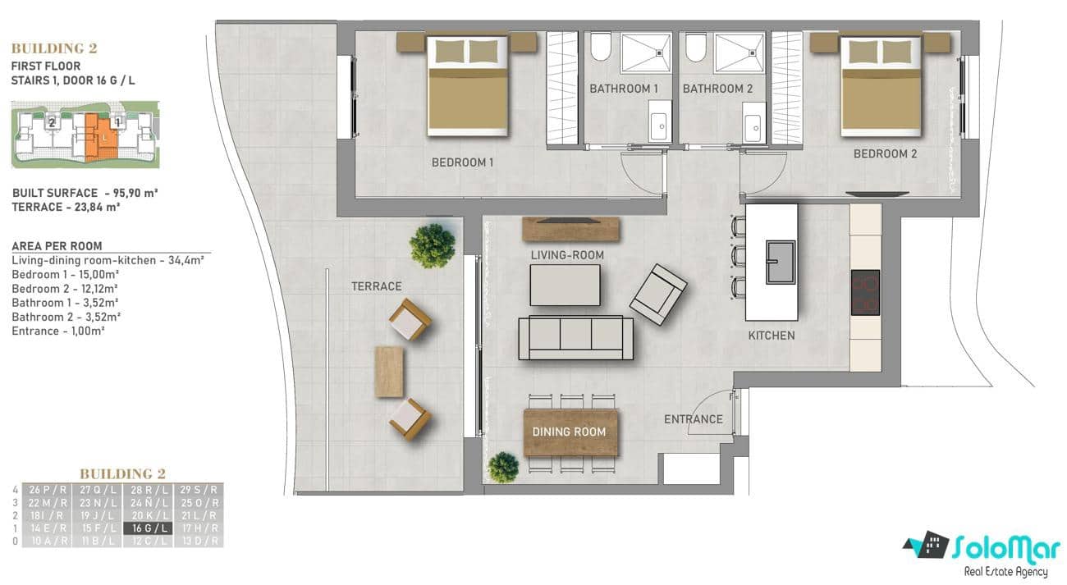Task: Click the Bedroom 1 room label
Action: [x=462, y=162]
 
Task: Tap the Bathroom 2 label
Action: [x=717, y=89]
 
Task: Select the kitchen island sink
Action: [x=780, y=262]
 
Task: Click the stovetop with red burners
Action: [x=865, y=293]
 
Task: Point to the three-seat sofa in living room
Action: [x=575, y=337]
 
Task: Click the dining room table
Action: [x=570, y=432]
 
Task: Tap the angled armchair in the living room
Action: [x=657, y=294]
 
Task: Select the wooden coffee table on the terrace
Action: [x=389, y=372]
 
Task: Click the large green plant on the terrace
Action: [x=433, y=245]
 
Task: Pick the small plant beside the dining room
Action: [x=502, y=468]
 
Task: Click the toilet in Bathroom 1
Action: [x=600, y=48]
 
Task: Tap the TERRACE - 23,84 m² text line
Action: [x=66, y=207]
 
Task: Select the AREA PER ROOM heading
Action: [x=57, y=246]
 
